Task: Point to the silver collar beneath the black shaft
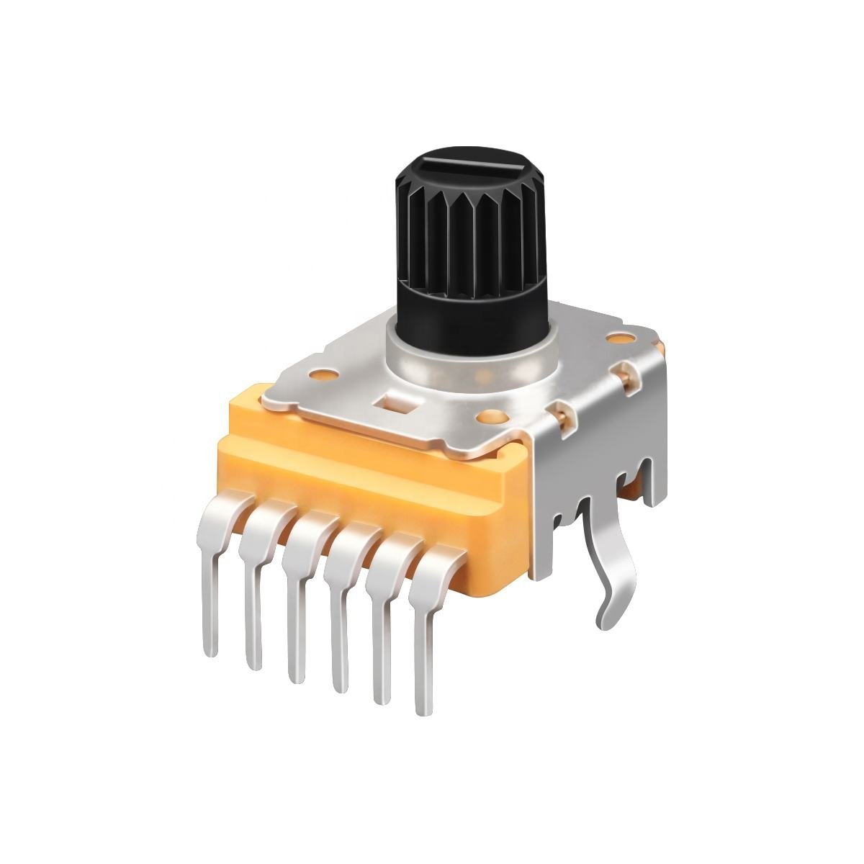point(468,356)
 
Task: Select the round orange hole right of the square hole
point(492,416)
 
